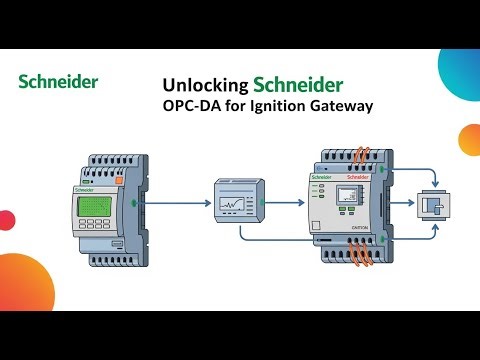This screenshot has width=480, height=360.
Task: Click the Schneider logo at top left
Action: point(59,81)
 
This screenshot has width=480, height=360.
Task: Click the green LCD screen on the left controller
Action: point(94,206)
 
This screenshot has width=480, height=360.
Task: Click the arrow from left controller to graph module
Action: point(175,200)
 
